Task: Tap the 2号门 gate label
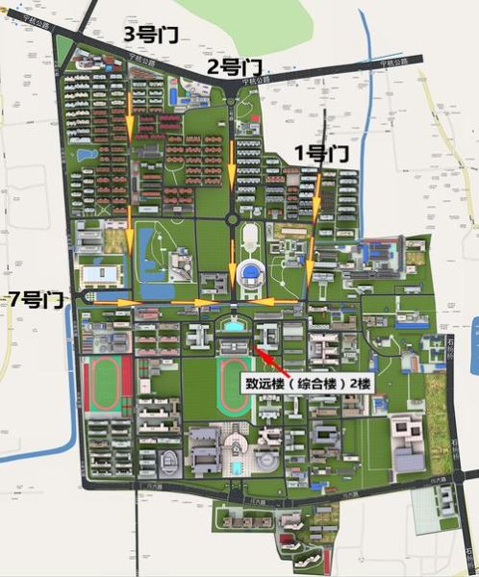click(x=235, y=67)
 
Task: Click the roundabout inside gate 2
click(x=232, y=219)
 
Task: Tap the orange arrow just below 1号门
click(x=315, y=188)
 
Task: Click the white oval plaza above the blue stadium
click(x=249, y=235)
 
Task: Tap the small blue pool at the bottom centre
click(x=236, y=467)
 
